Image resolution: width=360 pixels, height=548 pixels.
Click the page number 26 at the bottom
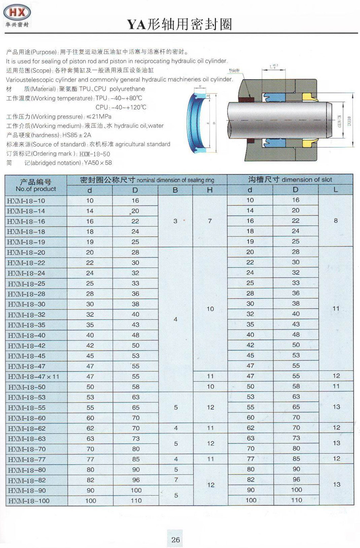tap(175, 539)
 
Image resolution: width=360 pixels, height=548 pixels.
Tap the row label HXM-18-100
tap(29, 500)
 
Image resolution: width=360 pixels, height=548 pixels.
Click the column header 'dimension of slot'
tap(306, 179)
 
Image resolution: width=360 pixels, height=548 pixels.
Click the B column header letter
tap(175, 189)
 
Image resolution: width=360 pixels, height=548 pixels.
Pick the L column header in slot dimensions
tap(336, 189)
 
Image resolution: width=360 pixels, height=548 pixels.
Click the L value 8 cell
tap(336, 221)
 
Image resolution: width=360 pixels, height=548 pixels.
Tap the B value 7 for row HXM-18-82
tap(175, 479)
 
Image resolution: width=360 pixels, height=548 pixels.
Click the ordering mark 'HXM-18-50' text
tap(96, 153)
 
